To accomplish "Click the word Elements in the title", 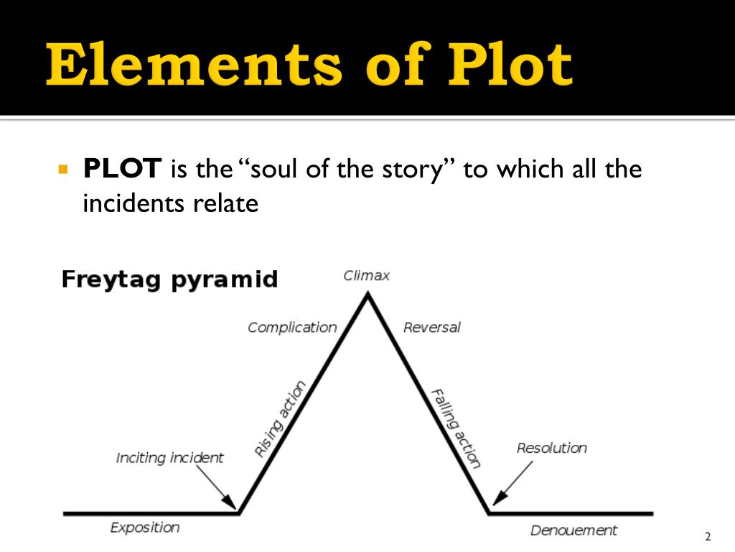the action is tap(194, 66).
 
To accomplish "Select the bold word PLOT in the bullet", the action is tap(121, 170).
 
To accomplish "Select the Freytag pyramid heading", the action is tap(169, 279).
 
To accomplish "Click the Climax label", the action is tap(366, 275).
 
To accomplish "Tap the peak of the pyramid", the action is tap(367, 295).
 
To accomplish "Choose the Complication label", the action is tap(292, 328).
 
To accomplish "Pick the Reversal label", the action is tap(431, 328).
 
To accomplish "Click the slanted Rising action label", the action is tap(280, 419).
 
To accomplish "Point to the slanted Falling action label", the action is tap(455, 428).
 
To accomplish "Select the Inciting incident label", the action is tap(169, 457).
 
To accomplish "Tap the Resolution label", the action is tap(551, 448).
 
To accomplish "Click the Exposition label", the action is tap(144, 528).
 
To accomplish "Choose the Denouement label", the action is tap(574, 530).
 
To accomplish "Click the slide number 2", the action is tap(708, 536).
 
